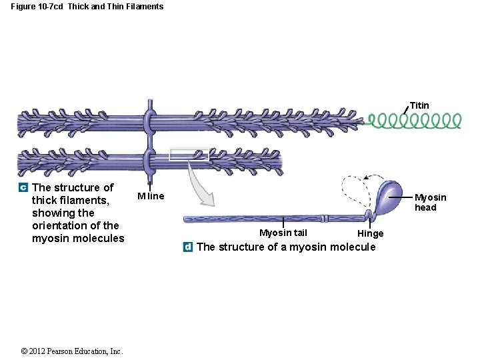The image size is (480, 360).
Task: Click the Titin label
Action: [419, 105]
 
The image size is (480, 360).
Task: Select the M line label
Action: [151, 196]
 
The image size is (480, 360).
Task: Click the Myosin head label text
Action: [430, 202]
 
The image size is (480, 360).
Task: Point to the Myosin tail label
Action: [283, 233]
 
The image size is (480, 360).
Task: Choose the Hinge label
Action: [370, 233]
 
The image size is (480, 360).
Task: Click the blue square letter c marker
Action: [23, 188]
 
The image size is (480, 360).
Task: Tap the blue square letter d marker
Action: [188, 247]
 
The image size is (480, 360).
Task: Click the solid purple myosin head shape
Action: [389, 195]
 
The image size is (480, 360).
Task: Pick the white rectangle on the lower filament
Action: [189, 155]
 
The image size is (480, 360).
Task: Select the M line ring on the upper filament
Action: [149, 121]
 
